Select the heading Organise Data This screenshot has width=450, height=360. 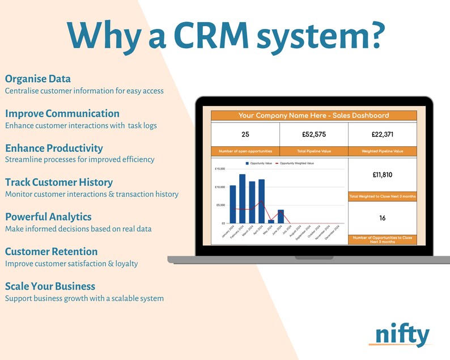pyautogui.click(x=38, y=79)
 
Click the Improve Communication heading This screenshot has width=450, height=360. pyautogui.click(x=62, y=113)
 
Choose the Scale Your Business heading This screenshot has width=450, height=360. pyautogui.click(x=50, y=286)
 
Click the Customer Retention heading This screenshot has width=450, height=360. pyautogui.click(x=51, y=251)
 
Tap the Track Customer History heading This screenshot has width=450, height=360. pyautogui.click(x=59, y=182)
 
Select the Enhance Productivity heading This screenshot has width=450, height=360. pyautogui.click(x=54, y=148)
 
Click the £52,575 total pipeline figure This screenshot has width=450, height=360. pyautogui.click(x=313, y=134)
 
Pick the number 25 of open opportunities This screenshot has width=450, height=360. pyautogui.click(x=245, y=134)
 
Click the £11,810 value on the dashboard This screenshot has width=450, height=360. pyautogui.click(x=382, y=175)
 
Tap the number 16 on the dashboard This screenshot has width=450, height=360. pyautogui.click(x=382, y=218)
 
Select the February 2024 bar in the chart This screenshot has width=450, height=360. pyautogui.click(x=242, y=198)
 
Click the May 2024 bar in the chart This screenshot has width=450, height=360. pyautogui.click(x=271, y=221)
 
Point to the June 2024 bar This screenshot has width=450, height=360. pyautogui.click(x=281, y=216)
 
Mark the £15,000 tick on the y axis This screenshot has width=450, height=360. pyautogui.click(x=220, y=169)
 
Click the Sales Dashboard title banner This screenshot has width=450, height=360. pyautogui.click(x=313, y=116)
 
